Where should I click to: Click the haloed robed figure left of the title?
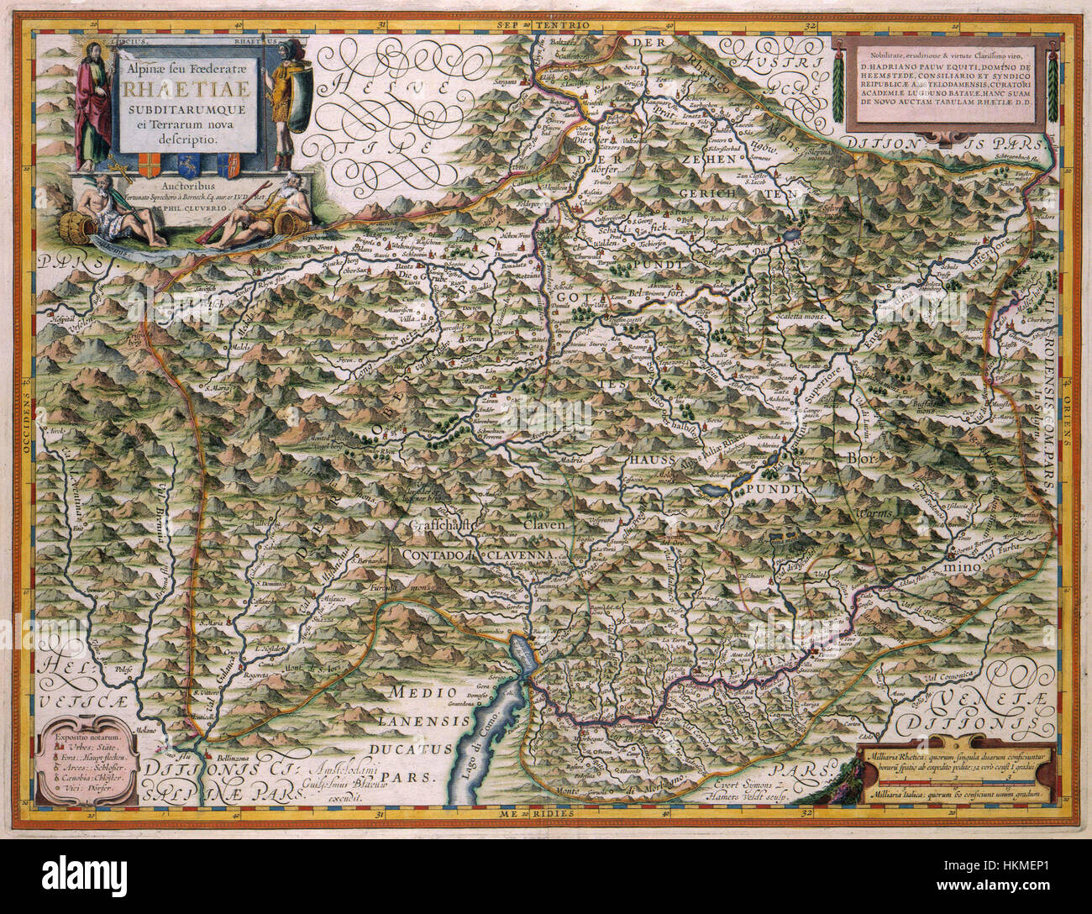click(93, 101)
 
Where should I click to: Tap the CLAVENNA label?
click(518, 556)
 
